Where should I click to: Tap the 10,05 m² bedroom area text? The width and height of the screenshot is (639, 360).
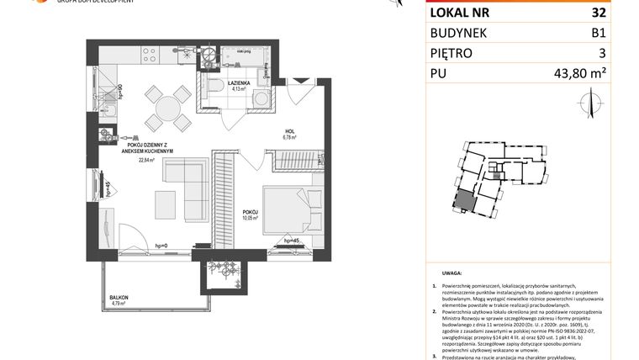(x=249, y=218)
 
